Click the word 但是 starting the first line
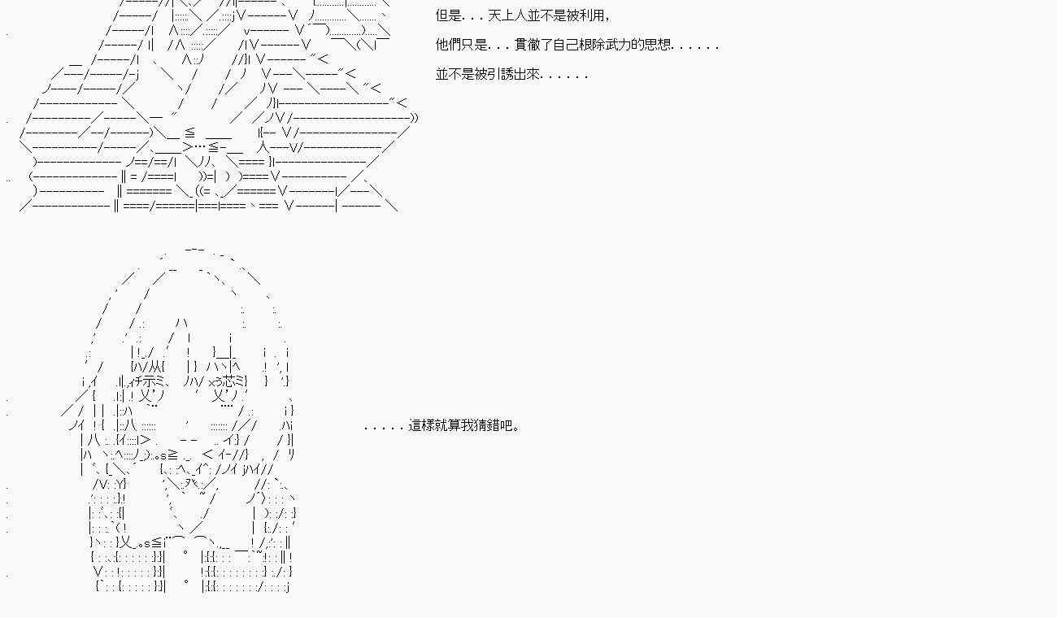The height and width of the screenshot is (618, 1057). point(449,15)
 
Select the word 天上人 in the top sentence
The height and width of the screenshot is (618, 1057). point(509,15)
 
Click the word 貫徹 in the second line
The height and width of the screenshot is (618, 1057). point(528,45)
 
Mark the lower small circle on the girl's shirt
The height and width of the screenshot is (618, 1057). point(186,583)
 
